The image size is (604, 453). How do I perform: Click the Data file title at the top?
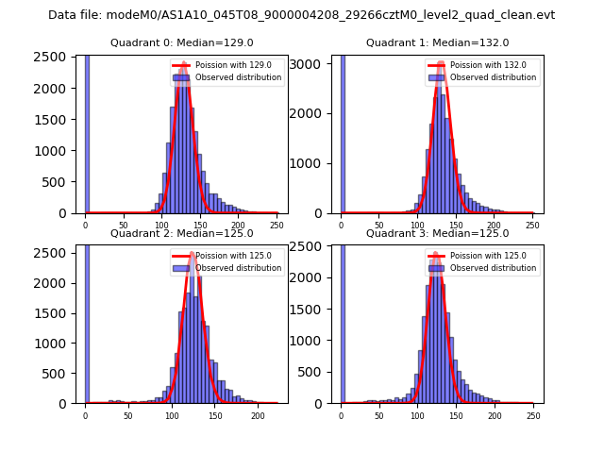[301, 15]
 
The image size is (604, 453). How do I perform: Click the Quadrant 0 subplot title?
[181, 42]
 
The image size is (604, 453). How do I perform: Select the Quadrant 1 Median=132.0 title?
[437, 42]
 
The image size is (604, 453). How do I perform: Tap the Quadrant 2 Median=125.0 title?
[181, 233]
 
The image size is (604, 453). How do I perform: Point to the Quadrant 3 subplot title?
[437, 233]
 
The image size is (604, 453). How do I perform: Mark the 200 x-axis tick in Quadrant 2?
[258, 415]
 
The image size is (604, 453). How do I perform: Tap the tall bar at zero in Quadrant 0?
[87, 132]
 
